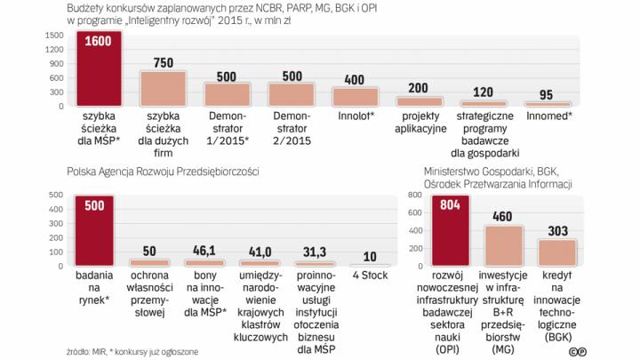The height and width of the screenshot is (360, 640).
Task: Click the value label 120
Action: click(483, 92)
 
